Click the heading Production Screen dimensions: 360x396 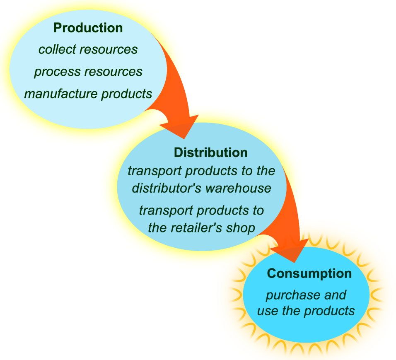[88, 28]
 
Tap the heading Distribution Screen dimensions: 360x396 [210, 152]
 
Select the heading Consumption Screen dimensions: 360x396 [309, 273]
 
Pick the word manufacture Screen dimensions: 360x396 [61, 94]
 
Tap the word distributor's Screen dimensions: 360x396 [167, 188]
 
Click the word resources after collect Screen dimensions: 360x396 [109, 49]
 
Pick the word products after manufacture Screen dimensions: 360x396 [127, 94]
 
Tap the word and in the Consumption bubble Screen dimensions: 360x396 [335, 295]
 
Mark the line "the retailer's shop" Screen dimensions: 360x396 [201, 228]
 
